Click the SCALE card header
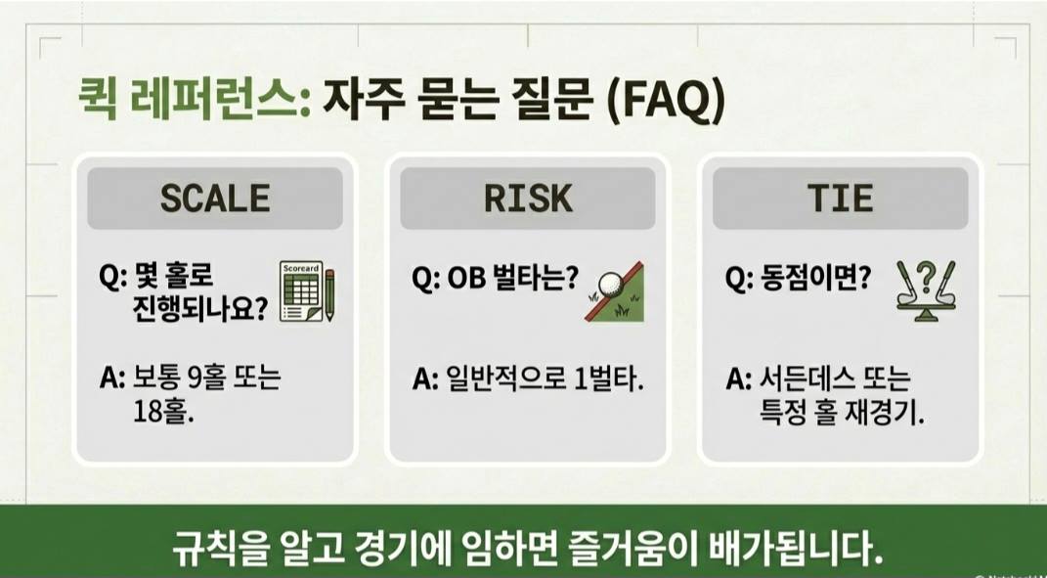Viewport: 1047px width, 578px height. click(214, 198)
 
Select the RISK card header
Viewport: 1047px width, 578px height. click(527, 198)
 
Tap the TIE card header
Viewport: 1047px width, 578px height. click(840, 198)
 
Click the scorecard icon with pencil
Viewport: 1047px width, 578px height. click(307, 291)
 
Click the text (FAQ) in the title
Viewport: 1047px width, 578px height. click(666, 103)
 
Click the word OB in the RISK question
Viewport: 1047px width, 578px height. click(467, 280)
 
